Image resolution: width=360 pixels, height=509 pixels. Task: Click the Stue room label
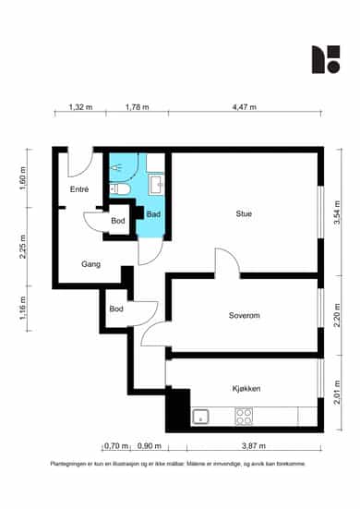[x=244, y=214]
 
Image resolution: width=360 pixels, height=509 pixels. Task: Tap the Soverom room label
[x=245, y=316]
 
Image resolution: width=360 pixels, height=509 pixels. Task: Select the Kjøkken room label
[x=246, y=389]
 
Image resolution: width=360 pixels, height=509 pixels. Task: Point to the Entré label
[x=79, y=189]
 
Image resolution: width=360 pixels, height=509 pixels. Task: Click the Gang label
[x=90, y=264]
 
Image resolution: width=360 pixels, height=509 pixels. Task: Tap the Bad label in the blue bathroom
[x=153, y=214]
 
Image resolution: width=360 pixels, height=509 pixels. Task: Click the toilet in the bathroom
[x=119, y=189]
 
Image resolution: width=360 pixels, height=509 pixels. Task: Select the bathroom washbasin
[x=156, y=185]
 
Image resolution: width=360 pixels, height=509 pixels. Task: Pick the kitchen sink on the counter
[x=200, y=417]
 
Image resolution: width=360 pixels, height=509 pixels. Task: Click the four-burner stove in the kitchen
[x=244, y=417]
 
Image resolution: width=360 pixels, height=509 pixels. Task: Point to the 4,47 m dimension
[x=245, y=107]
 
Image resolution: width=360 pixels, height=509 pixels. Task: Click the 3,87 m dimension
[x=254, y=446]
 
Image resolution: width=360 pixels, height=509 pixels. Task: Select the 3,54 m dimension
[x=337, y=212]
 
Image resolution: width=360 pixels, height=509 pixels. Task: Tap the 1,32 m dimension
[x=80, y=107]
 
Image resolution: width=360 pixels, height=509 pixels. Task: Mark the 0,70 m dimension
[x=116, y=446]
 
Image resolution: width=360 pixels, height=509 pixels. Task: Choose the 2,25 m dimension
[x=23, y=247]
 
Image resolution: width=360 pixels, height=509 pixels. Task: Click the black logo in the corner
[x=326, y=59]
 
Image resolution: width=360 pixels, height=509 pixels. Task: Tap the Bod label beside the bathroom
[x=118, y=221]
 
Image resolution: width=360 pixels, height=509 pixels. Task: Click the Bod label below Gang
[x=116, y=309]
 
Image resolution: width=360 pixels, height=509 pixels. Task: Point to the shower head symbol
[x=116, y=167]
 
